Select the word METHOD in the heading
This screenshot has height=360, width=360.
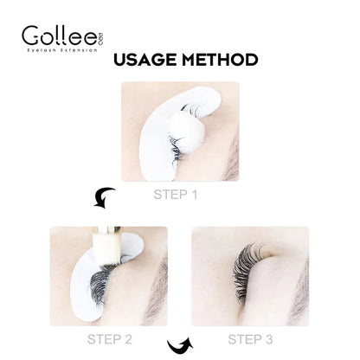[x=221, y=61]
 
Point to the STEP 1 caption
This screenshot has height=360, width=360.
[x=176, y=195]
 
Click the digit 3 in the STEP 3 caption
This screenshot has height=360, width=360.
[x=276, y=337]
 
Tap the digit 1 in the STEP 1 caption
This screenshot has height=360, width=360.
[x=196, y=195]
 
